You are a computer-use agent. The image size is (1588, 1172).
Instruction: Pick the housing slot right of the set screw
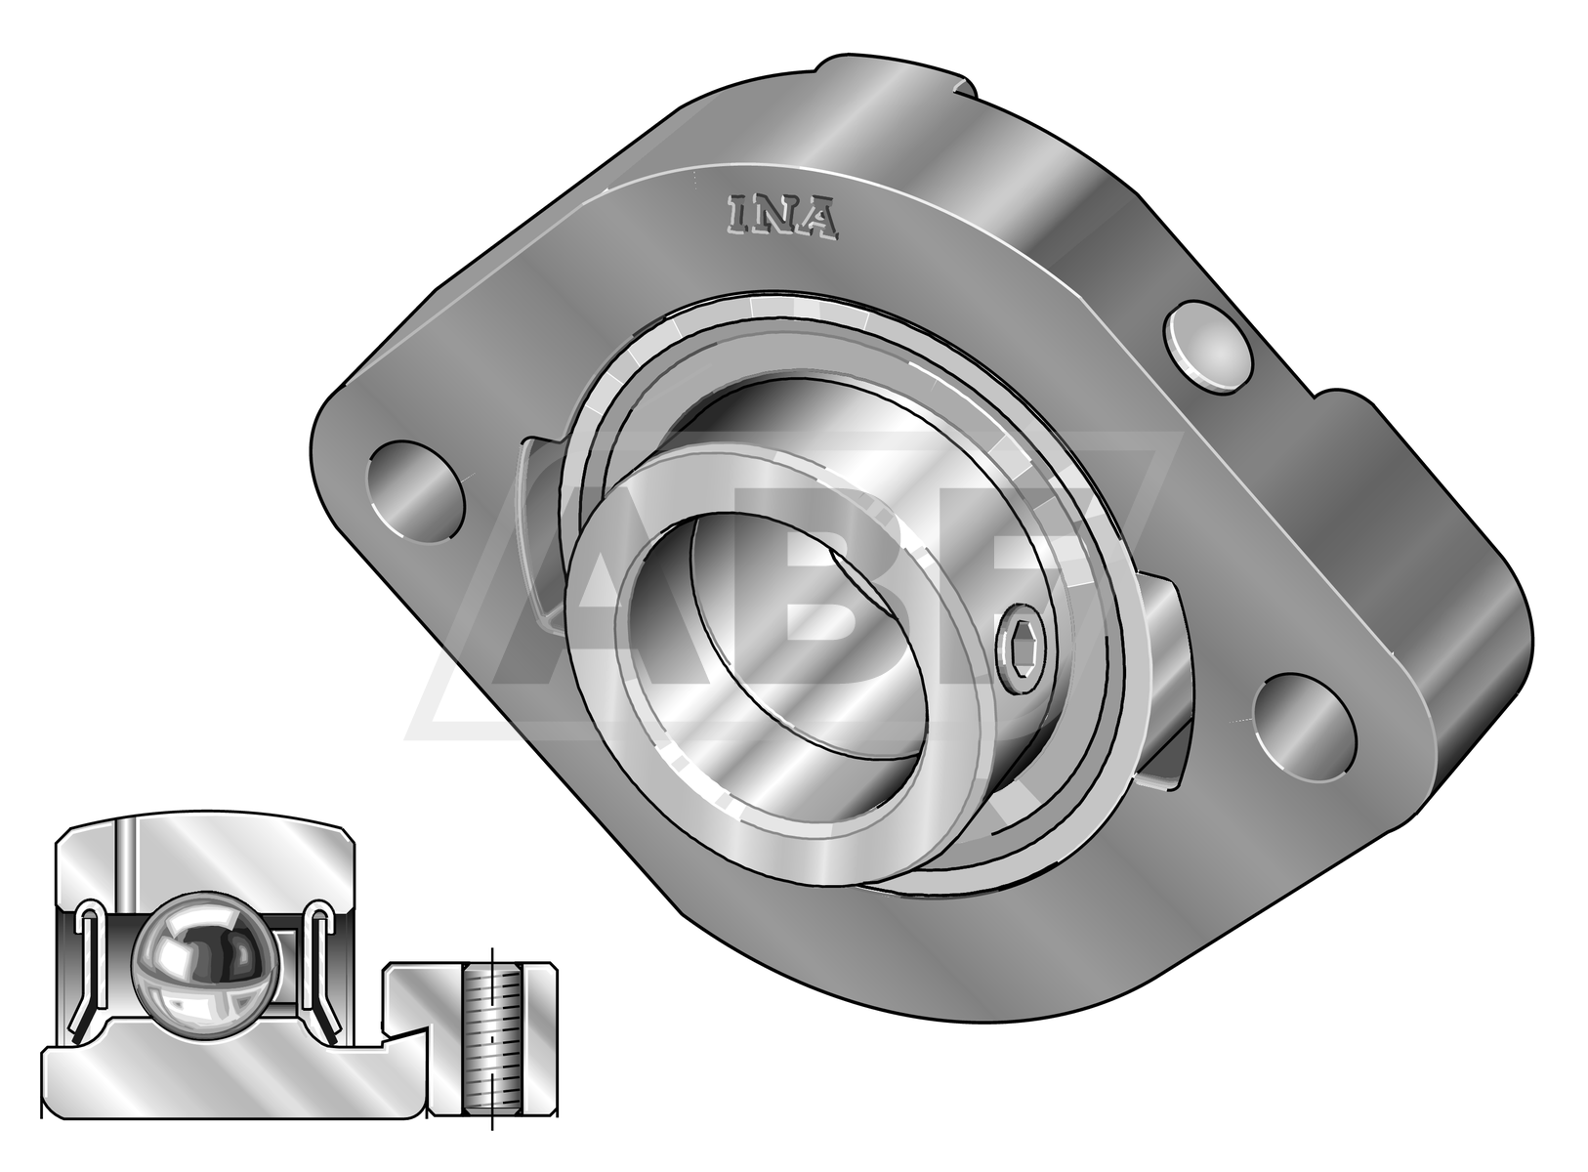[x=1167, y=684]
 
